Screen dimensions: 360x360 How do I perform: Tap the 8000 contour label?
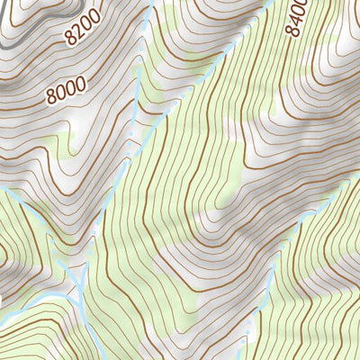(x=67, y=88)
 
